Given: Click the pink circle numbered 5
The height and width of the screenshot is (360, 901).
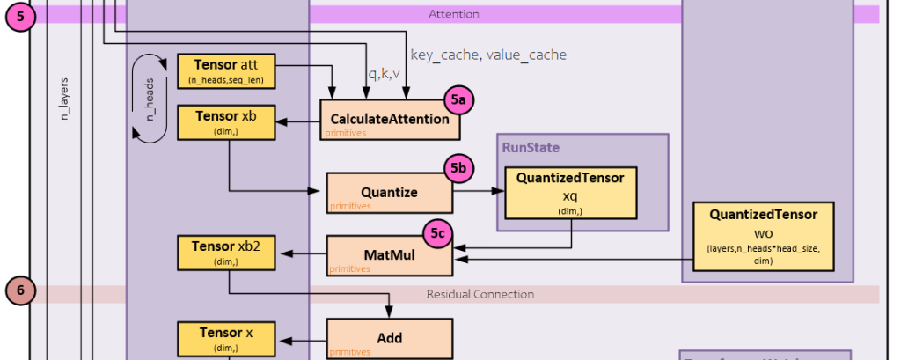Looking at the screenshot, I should pyautogui.click(x=19, y=16).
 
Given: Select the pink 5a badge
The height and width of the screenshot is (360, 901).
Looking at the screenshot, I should pyautogui.click(x=458, y=101).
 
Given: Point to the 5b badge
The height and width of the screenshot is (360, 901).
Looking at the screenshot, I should pyautogui.click(x=458, y=168).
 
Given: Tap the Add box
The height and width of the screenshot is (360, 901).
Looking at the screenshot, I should pyautogui.click(x=389, y=339).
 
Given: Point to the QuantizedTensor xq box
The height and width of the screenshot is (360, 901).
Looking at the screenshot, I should pyautogui.click(x=570, y=192).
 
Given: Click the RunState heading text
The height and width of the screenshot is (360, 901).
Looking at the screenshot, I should pyautogui.click(x=531, y=147).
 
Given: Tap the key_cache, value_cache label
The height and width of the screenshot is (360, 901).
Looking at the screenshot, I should pyautogui.click(x=488, y=55).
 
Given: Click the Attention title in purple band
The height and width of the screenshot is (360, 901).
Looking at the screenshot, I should pyautogui.click(x=453, y=14).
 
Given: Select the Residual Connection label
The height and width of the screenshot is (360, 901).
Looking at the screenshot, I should pyautogui.click(x=480, y=293).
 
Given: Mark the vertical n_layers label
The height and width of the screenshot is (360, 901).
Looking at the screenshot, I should pyautogui.click(x=64, y=99).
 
